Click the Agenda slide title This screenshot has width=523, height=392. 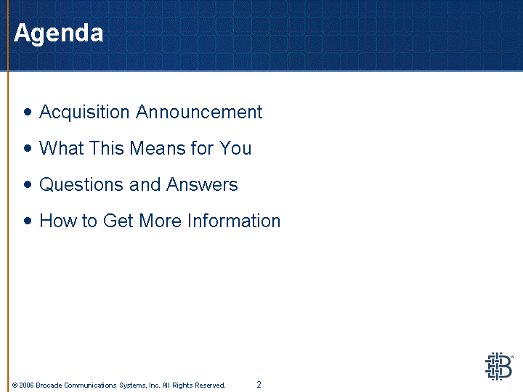pos(58,33)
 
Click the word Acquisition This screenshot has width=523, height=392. pos(84,113)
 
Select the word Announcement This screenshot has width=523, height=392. pos(199,112)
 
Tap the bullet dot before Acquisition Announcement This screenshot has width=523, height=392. pos(28,112)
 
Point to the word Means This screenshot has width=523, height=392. pos(158,148)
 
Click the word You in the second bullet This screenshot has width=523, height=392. pos(235,148)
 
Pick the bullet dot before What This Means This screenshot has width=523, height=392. pos(28,148)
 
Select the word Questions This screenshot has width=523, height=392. pos(81,184)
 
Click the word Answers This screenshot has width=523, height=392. pos(202,184)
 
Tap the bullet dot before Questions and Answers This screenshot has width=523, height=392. pos(28,184)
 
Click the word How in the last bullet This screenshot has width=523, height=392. pos(58,221)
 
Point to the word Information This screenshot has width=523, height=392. pos(234,221)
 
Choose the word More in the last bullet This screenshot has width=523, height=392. pos(160,221)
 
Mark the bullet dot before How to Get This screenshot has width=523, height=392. pos(28,221)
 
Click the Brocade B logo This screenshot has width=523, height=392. pos(499,367)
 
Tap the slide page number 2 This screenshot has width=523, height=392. pos(259,385)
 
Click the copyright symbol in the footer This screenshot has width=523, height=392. pos(15,385)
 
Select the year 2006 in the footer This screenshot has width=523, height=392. pos(26,385)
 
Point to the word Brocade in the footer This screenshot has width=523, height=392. pos(49,385)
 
